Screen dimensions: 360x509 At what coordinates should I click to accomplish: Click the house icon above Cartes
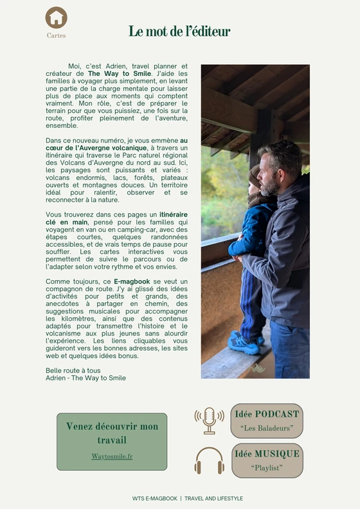coord(57,17)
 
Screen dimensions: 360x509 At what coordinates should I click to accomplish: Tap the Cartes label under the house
coord(57,36)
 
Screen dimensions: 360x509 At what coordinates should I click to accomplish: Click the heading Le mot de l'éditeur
coord(179,31)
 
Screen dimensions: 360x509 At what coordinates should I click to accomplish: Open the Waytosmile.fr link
coord(112,456)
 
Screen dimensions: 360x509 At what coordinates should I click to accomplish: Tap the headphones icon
coord(210,461)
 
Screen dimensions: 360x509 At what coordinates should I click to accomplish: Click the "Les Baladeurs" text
coord(267,427)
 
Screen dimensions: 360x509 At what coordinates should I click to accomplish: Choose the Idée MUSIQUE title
coord(267,454)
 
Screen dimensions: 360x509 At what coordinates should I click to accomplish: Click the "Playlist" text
coord(267,467)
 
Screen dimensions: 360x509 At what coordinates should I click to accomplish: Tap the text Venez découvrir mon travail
coord(112,433)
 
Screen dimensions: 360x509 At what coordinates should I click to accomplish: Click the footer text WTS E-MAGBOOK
coord(154,499)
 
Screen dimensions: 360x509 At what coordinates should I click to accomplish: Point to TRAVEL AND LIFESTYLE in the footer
coord(213,499)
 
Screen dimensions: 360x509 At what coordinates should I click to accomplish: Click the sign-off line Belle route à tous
coord(73,371)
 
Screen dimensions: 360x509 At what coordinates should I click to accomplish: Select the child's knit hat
coord(255,175)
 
